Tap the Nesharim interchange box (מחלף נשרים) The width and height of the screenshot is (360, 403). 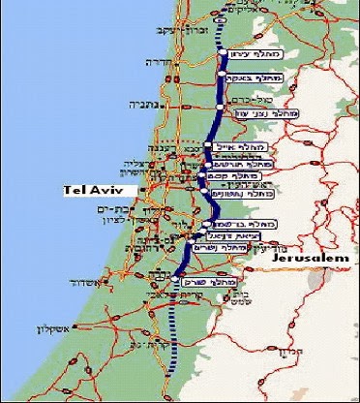tap(217, 247)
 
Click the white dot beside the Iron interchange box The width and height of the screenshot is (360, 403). tap(225, 53)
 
